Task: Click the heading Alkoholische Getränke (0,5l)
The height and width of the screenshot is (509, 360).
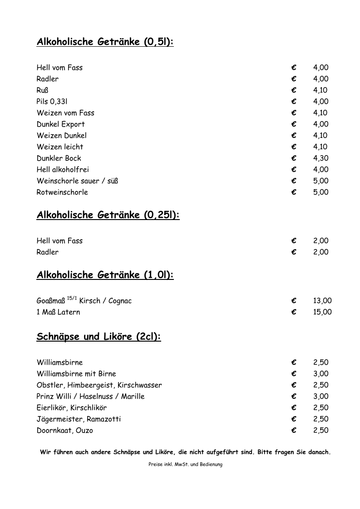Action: (105, 42)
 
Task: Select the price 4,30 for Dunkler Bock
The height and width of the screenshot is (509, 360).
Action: (321, 158)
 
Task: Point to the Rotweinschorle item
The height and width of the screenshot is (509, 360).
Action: (62, 192)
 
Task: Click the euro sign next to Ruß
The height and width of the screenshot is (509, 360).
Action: (294, 90)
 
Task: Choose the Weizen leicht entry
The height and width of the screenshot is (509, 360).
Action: (60, 147)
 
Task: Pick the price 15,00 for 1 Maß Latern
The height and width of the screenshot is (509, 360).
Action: (322, 312)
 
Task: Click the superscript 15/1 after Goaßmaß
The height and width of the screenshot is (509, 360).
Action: (72, 298)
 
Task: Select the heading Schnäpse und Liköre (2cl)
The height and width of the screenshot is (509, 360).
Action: (99, 337)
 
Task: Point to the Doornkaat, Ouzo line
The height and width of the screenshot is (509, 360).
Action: (64, 431)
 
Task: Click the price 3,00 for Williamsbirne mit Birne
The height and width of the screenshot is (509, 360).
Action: (321, 374)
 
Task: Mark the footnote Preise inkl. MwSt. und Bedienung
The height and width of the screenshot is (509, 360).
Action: (185, 465)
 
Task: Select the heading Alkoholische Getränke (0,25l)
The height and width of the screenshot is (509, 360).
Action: (108, 215)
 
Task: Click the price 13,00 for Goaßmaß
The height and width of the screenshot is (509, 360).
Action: (322, 301)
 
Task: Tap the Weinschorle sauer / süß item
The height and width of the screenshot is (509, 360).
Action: (77, 181)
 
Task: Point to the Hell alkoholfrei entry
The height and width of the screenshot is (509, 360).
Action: (63, 170)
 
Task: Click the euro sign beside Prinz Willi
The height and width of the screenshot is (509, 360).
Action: (294, 396)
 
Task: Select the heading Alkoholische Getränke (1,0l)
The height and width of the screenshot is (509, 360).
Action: (105, 275)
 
